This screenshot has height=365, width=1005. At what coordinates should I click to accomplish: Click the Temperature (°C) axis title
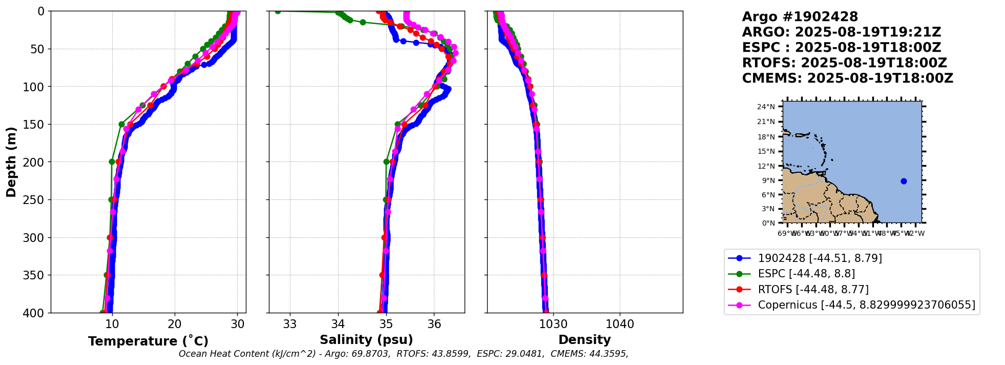pos(148,341)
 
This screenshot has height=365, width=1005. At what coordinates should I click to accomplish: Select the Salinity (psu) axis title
pos(366,340)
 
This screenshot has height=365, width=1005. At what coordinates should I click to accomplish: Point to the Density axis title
pos(584,340)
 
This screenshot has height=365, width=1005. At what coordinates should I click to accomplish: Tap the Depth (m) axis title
pos(11,161)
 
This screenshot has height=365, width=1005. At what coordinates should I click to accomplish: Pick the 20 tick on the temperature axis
pos(175,324)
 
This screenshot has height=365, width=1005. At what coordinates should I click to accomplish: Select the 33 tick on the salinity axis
pos(290,324)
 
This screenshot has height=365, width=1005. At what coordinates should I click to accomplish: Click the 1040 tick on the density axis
pos(620,324)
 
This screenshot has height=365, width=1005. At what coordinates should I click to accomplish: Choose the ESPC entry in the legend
pos(806,274)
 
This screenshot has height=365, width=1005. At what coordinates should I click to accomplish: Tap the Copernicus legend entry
pos(866,305)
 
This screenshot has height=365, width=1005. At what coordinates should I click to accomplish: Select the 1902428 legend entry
pos(820,258)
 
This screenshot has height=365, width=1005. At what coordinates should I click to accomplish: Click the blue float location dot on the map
pos(904,181)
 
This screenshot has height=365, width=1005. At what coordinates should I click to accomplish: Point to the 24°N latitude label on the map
pos(766,107)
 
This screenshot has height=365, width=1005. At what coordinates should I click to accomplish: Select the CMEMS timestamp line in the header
pos(847,78)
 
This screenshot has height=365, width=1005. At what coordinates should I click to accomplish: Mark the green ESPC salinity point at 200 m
pos(387,161)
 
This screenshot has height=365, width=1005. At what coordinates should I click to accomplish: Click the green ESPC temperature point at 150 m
pos(121,124)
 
